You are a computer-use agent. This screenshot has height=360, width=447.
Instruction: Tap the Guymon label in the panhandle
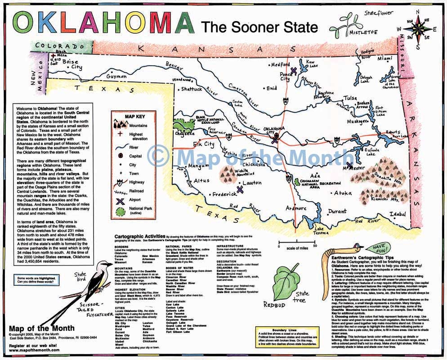click(116, 76)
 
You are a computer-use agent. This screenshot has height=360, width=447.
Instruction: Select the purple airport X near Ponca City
click(293, 70)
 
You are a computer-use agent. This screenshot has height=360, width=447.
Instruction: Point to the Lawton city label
click(252, 183)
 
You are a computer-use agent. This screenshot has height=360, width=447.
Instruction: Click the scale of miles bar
click(296, 245)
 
